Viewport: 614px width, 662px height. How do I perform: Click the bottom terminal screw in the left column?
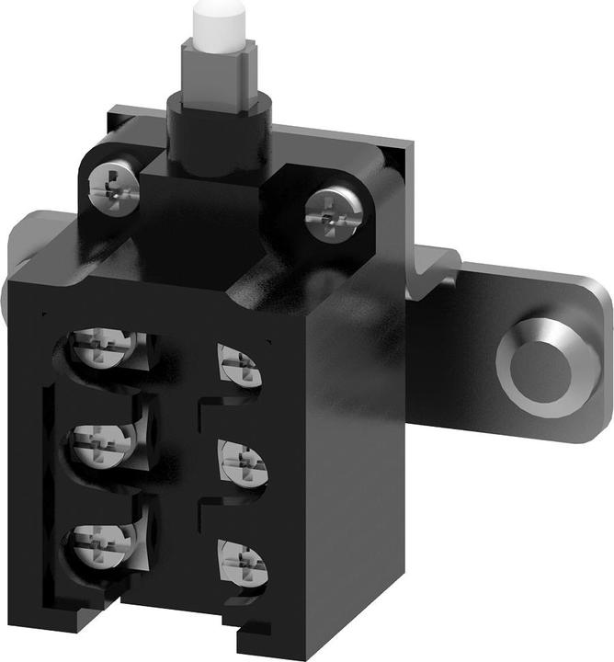101,548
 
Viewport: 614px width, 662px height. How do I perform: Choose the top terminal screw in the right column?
239,366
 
